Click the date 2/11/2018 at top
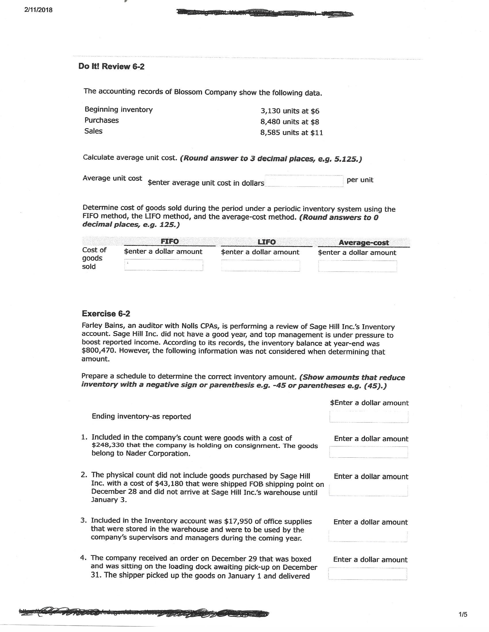[39, 10]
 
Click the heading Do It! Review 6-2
[111, 67]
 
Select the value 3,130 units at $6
[290, 111]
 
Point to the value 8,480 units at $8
[290, 122]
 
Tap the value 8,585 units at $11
[291, 132]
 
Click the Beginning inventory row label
[119, 109]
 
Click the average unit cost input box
[303, 181]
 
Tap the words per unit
[360, 180]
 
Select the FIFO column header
[169, 241]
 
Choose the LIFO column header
[267, 242]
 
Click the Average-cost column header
[364, 242]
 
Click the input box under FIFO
[164, 265]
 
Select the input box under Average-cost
[358, 266]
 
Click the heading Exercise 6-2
[106, 313]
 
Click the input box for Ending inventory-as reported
[368, 417]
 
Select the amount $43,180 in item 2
[169, 483]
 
